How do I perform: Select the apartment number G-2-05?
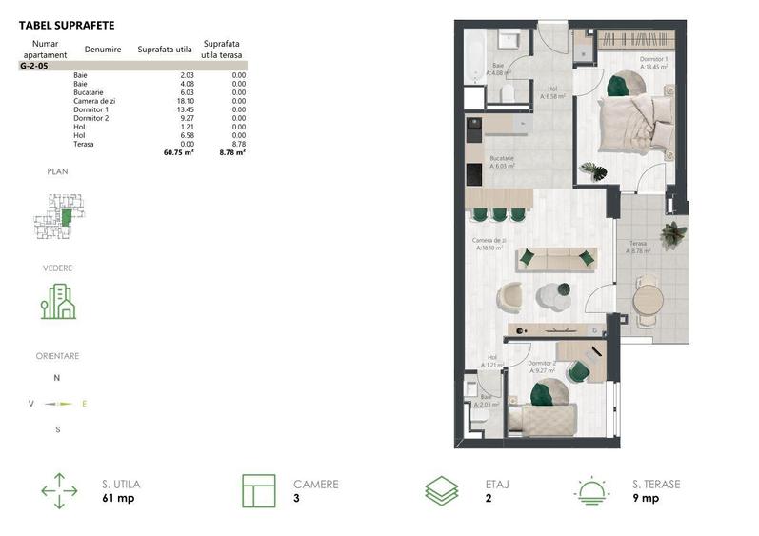[34, 67]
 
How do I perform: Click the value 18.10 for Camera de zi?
[186, 101]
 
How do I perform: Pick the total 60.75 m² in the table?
[179, 151]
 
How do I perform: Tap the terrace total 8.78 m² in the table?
[232, 151]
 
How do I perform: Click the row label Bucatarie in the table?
[87, 92]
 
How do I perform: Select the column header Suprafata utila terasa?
[221, 49]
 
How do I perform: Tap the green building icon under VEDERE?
[58, 301]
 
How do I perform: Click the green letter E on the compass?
[84, 404]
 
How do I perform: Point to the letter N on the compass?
[57, 378]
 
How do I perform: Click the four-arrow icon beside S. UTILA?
[59, 490]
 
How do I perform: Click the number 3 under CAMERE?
[296, 498]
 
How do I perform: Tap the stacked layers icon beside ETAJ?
[441, 490]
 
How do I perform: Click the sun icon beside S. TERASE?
[591, 490]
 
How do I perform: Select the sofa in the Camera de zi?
[556, 257]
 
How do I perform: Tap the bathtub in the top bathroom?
[473, 57]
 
